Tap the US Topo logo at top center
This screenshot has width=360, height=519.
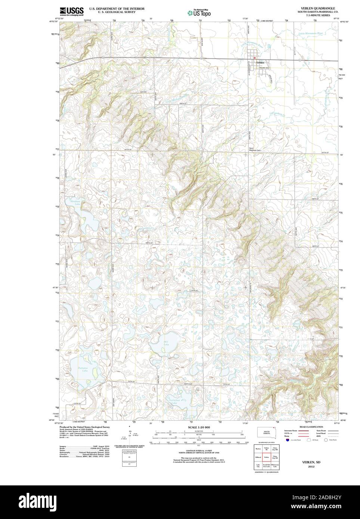pyautogui.click(x=199, y=13)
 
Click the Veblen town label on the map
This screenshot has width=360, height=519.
pyautogui.click(x=260, y=62)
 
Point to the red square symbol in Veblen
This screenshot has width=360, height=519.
pyautogui.click(x=255, y=58)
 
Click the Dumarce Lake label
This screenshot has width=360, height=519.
pyautogui.click(x=83, y=369)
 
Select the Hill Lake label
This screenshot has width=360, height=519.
pyautogui.click(x=166, y=343)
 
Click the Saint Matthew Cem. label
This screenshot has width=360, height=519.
pyautogui.click(x=255, y=149)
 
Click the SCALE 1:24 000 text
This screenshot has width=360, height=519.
pyautogui.click(x=199, y=427)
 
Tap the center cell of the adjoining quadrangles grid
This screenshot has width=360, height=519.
pyautogui.click(x=267, y=457)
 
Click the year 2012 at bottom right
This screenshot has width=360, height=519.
pyautogui.click(x=311, y=467)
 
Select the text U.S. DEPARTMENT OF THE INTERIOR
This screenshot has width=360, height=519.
pyautogui.click(x=117, y=8)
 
